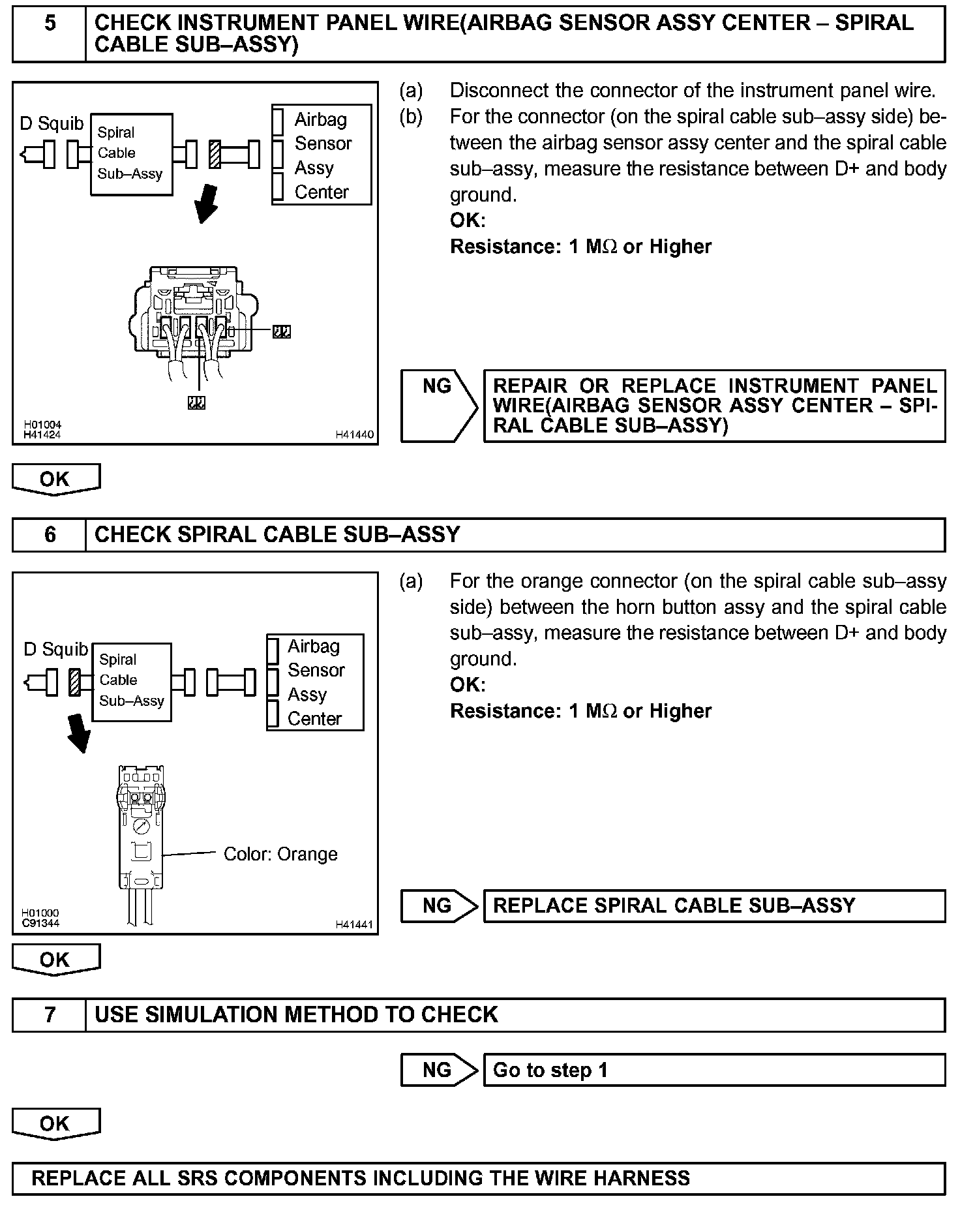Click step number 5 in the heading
pos(50,24)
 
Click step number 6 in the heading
pos(50,535)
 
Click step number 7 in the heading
pos(50,1014)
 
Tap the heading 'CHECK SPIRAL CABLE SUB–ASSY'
pos(277,535)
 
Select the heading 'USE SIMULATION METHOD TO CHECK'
pos(296,1014)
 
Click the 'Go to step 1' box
pos(713,1070)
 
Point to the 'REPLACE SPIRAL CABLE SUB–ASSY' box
pos(713,905)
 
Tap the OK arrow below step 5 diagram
pos(55,479)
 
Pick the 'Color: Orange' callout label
pos(280,854)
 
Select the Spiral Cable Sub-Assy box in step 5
pos(131,154)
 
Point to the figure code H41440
pos(355,434)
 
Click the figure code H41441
pos(355,924)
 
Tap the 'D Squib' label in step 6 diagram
pos(55,649)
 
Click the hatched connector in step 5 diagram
pos(215,155)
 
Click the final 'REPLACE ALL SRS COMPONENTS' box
pos(479,1178)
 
